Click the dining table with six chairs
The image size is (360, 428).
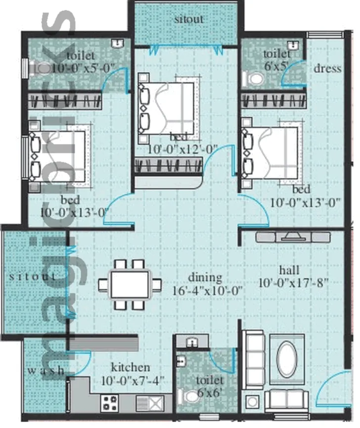pos(130,285)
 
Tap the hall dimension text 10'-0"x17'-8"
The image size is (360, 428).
pos(294,283)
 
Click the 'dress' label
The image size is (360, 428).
pos(327,68)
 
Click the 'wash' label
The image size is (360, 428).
pos(45,371)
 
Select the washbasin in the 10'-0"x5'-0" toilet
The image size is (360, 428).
pos(117,44)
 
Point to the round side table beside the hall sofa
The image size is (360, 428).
pos(253,401)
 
